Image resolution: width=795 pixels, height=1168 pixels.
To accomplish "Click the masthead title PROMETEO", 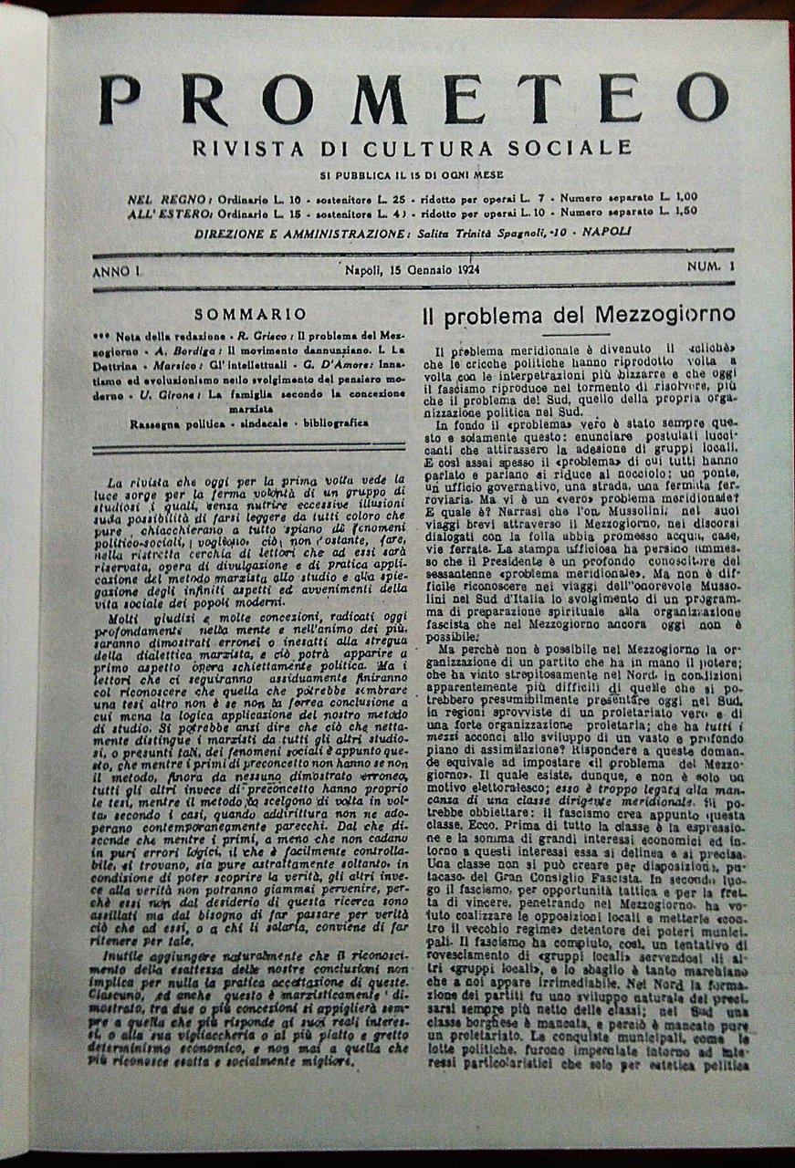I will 413,99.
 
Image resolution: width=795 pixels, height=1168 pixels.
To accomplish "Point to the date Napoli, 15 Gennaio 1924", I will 413,269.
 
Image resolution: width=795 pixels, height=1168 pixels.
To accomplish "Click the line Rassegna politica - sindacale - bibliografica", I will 248,423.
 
